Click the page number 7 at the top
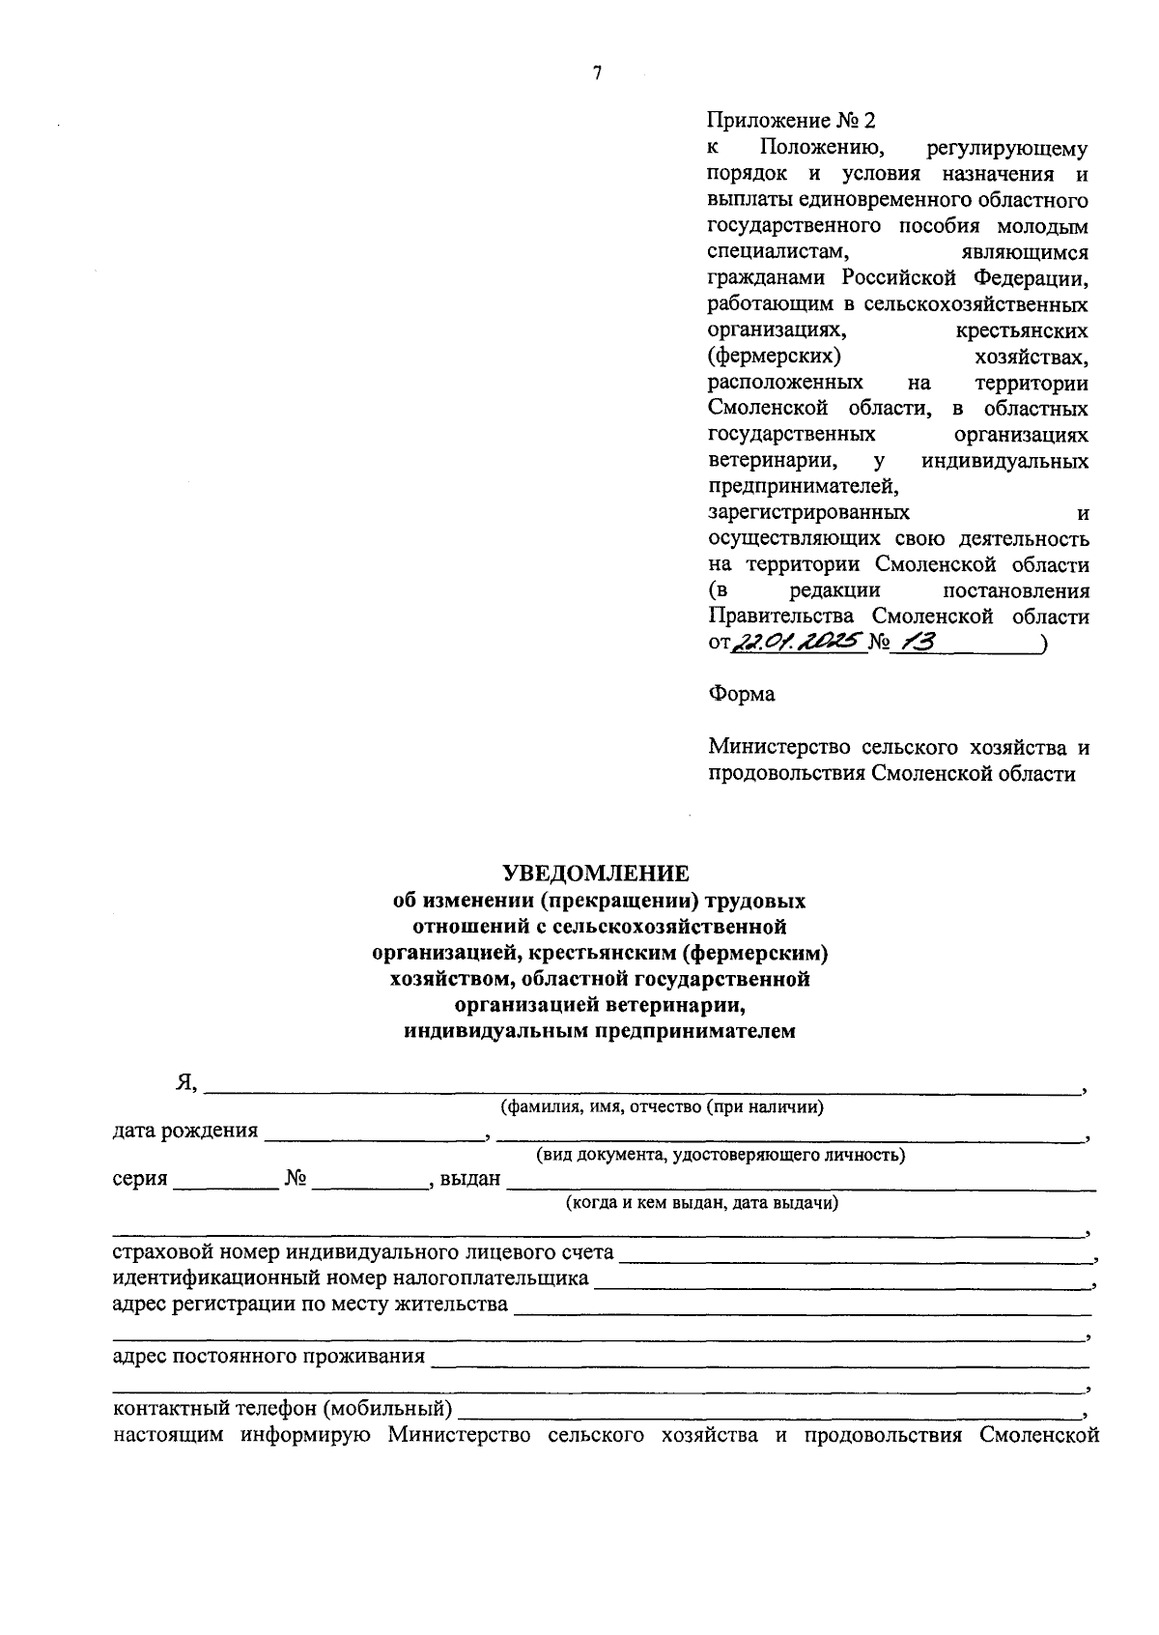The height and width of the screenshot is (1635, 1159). point(598,73)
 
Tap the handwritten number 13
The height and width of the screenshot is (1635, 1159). point(914,643)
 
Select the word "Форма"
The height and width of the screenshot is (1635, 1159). point(741,694)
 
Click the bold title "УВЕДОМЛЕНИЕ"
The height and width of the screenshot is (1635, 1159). point(596,874)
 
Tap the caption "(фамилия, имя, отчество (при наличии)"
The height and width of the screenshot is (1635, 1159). point(662,1107)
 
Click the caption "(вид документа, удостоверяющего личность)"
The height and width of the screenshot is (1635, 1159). point(721,1155)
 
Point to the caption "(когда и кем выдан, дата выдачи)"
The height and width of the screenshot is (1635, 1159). point(702,1203)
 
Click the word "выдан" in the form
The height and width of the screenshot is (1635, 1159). point(470,1179)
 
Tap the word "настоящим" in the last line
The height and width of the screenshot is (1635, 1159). point(169,1435)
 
